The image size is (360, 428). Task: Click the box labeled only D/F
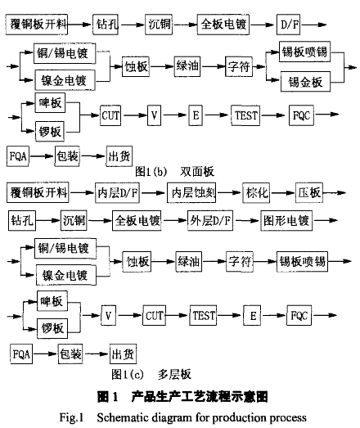pyautogui.click(x=288, y=25)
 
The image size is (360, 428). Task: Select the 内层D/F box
pyautogui.click(x=117, y=192)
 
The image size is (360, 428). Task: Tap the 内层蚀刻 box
pyautogui.click(x=191, y=192)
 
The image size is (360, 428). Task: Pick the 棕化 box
pyautogui.click(x=256, y=192)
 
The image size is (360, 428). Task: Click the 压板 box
pyautogui.click(x=309, y=192)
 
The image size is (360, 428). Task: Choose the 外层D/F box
pyautogui.click(x=210, y=221)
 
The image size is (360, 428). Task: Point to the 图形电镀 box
pyautogui.click(x=286, y=221)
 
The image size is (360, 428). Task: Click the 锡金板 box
pyautogui.click(x=305, y=82)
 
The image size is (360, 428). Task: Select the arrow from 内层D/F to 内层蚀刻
pyautogui.click(x=153, y=193)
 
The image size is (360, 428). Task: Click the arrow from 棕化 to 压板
pyautogui.click(x=282, y=193)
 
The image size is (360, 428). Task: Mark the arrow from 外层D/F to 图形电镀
pyautogui.click(x=247, y=221)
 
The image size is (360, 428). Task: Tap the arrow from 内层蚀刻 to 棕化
pyautogui.click(x=229, y=193)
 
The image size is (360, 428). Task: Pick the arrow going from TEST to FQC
pyautogui.click(x=274, y=115)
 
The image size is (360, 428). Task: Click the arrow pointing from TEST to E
pyautogui.click(x=230, y=316)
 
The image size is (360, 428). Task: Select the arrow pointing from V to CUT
pyautogui.click(x=129, y=316)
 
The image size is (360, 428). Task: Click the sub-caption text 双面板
pyautogui.click(x=197, y=172)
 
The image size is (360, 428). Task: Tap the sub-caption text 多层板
pyautogui.click(x=174, y=374)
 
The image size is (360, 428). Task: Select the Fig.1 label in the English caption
pyautogui.click(x=71, y=417)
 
